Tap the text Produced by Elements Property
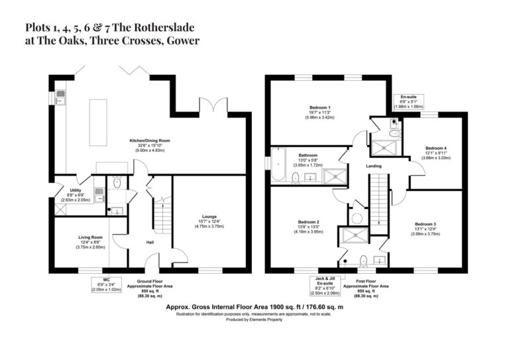pyautogui.click(x=254, y=320)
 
